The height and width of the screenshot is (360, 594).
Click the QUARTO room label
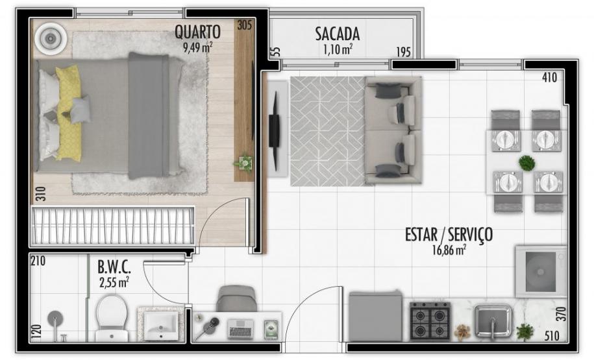click(x=198, y=32)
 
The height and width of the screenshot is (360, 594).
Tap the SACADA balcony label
click(x=337, y=34)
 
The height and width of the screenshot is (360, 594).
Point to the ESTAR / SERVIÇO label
click(x=449, y=234)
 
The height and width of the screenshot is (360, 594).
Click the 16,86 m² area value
click(x=449, y=248)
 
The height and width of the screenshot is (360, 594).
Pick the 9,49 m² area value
click(x=197, y=46)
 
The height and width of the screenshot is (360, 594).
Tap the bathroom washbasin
click(x=161, y=323)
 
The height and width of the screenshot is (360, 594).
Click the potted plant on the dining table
click(x=526, y=163)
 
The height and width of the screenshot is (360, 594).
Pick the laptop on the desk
click(x=240, y=329)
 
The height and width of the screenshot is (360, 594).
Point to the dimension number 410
click(x=549, y=78)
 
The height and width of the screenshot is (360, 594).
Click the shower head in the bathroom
click(x=56, y=319)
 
